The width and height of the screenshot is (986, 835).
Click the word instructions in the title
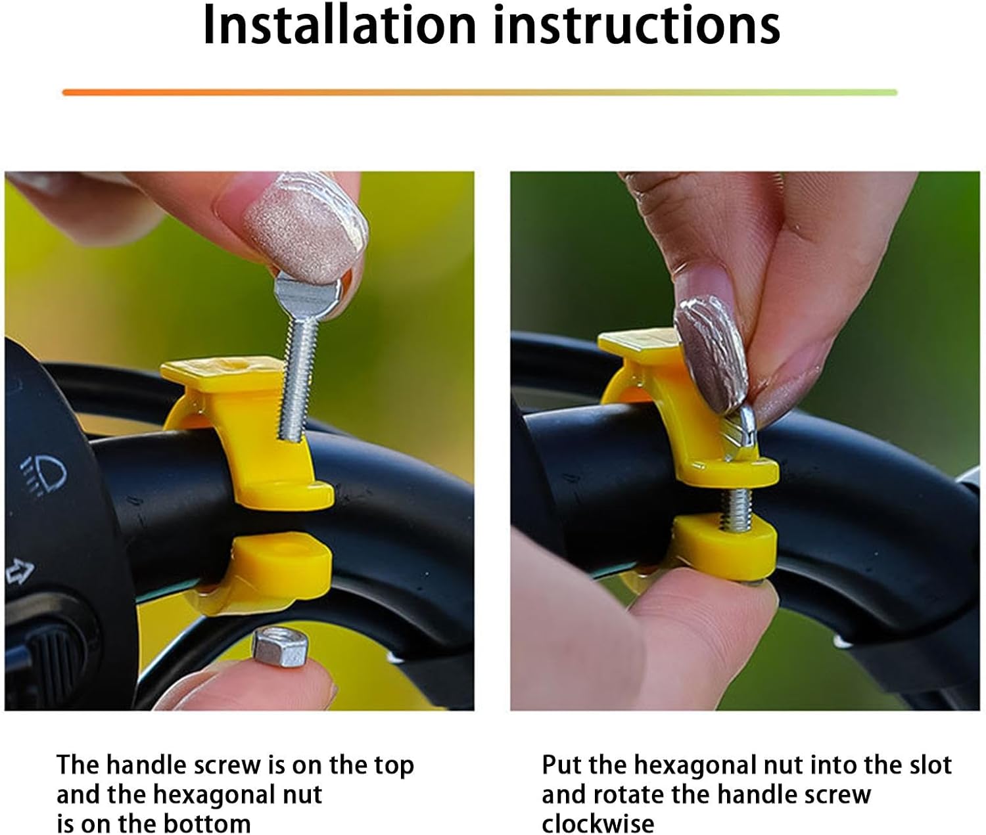pos(637,26)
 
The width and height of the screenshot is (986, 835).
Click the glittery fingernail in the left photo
pos(305,227)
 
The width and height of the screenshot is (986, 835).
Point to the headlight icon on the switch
pos(45,474)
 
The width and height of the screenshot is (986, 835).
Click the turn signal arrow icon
pos(20,572)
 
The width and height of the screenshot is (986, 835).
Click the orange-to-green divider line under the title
pos(479,93)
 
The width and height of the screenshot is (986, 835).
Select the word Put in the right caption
pos(561,765)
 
